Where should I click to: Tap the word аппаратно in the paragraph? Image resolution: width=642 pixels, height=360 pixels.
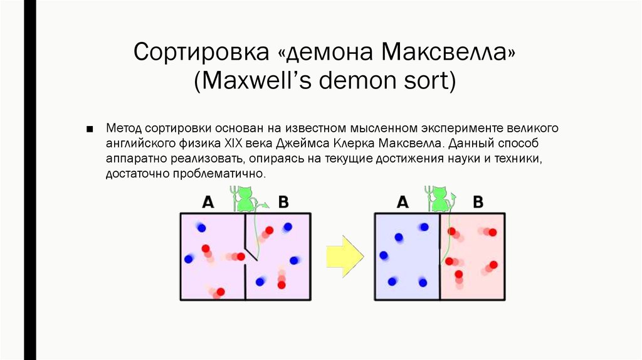click(134, 157)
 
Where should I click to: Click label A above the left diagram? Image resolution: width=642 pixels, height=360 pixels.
click(208, 202)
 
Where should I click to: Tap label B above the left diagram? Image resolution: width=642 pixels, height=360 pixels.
click(283, 202)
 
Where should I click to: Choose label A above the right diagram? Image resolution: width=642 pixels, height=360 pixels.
click(403, 202)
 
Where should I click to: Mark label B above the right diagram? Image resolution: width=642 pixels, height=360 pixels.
click(478, 202)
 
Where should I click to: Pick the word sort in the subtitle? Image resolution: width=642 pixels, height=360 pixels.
click(423, 81)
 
